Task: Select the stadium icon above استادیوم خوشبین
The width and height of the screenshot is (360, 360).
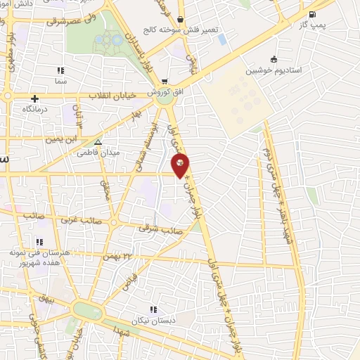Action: coord(274,60)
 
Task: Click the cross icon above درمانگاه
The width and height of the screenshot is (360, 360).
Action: coord(34,98)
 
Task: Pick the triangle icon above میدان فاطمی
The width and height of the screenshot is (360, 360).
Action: coord(98,141)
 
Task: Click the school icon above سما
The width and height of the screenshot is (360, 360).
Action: coord(60,70)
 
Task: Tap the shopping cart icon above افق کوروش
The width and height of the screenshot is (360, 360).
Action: coord(164,82)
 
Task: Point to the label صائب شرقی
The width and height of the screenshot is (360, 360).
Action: coord(161,229)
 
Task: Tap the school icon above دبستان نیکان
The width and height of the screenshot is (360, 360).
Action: coord(153,309)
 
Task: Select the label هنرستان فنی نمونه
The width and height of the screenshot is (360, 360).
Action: coord(34,251)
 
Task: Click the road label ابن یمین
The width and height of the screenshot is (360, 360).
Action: coord(60,139)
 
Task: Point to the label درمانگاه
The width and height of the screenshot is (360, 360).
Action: coord(34,110)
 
